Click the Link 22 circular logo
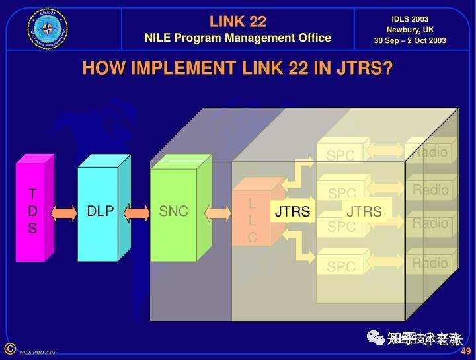tap(48, 29)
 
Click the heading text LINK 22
tap(238, 21)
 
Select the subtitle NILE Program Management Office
tap(238, 38)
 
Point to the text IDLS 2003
tap(410, 19)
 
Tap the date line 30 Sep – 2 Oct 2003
tap(410, 40)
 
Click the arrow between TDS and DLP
tap(64, 213)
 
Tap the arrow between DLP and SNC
tap(138, 213)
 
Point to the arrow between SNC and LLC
tap(218, 213)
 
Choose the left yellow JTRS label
tap(292, 212)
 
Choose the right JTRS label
tap(364, 212)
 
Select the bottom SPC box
tap(341, 267)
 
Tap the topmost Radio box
tap(430, 153)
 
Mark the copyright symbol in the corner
tap(10, 349)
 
